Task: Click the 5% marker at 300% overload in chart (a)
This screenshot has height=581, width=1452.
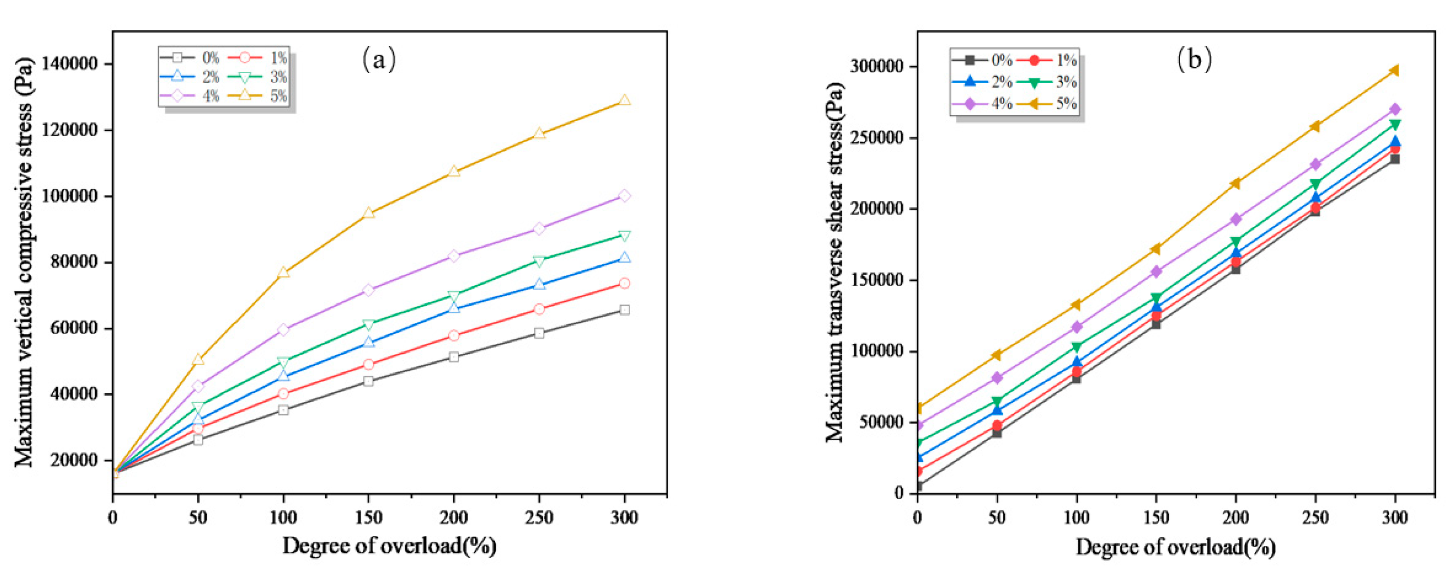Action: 624,100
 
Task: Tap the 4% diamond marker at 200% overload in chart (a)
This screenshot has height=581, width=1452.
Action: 454,255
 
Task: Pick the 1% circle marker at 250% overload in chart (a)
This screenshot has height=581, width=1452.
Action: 539,309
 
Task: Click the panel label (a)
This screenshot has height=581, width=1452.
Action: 379,59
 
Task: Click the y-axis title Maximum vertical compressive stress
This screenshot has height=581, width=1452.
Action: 24,262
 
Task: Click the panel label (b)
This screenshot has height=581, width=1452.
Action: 1194,59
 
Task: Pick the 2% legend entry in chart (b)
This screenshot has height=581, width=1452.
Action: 986,82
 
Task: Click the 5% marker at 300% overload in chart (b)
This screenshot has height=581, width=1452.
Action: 1394,70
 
